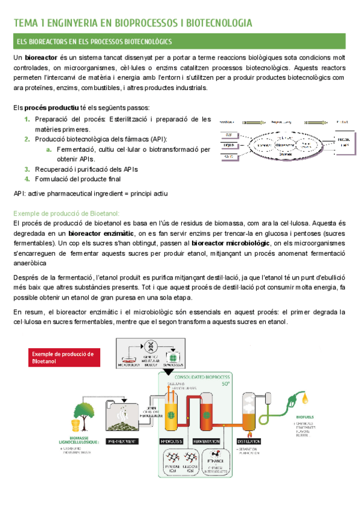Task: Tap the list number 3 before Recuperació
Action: [27, 169]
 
